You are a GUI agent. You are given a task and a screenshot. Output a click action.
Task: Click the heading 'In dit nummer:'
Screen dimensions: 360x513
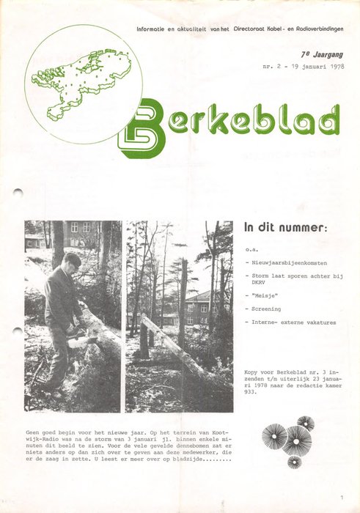285,227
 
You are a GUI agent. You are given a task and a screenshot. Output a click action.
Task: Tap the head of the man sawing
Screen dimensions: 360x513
72,261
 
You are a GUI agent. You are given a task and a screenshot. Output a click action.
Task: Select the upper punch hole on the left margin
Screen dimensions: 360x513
18,192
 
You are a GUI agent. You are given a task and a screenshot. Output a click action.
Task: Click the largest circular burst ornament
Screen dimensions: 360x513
298,440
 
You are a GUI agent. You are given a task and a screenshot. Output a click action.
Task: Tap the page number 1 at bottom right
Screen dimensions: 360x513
342,498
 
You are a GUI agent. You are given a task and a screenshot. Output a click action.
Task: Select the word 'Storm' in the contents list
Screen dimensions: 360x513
260,275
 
